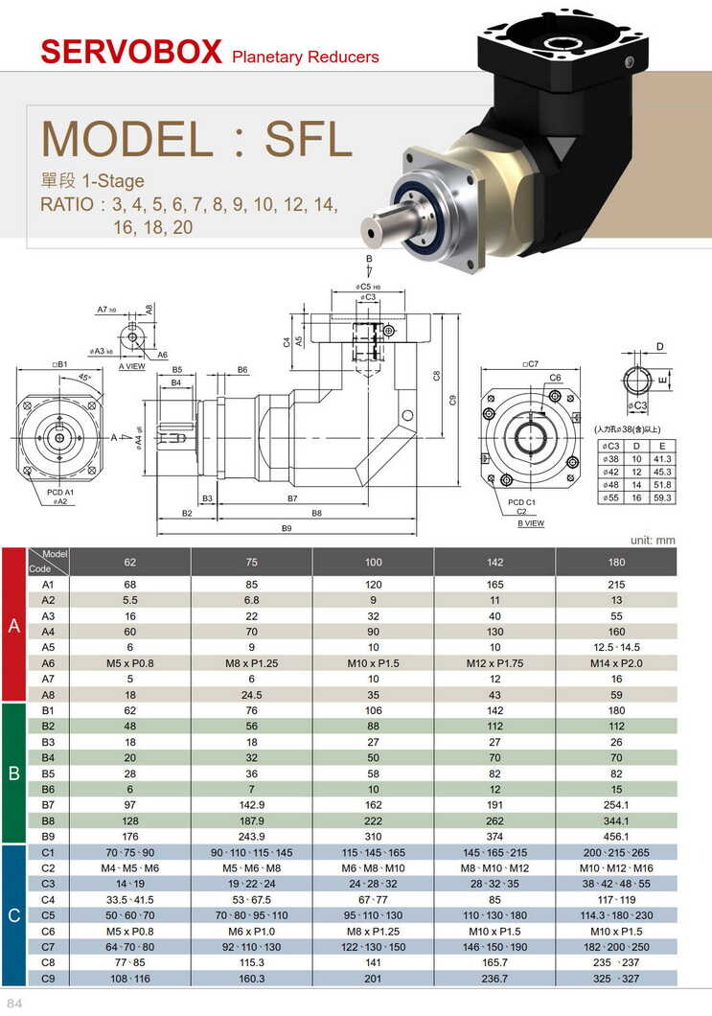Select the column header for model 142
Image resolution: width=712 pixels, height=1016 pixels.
(494, 562)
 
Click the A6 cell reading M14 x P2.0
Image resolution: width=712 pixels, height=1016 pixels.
(616, 663)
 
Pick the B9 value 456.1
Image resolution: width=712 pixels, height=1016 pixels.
(616, 837)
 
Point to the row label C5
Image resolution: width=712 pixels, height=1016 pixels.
(48, 915)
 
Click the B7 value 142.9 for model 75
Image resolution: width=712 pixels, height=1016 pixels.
(252, 805)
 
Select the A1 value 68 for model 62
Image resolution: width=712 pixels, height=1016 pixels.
(130, 585)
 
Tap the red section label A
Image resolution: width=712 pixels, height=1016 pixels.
(14, 626)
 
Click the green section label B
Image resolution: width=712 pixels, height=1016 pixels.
(14, 773)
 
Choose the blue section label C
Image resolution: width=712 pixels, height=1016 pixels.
(14, 916)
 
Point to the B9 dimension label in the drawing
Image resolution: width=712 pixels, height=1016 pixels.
(286, 528)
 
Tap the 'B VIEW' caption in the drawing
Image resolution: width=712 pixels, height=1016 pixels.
(531, 524)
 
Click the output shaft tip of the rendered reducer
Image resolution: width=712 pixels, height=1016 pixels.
(368, 230)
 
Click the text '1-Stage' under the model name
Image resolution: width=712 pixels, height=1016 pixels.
(113, 180)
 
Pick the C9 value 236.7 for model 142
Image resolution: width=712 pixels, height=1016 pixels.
(494, 979)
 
